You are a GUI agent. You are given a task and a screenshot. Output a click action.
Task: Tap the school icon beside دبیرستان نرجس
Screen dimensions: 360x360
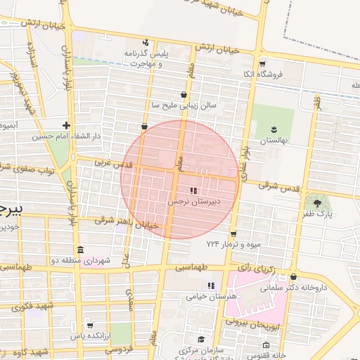(193, 191)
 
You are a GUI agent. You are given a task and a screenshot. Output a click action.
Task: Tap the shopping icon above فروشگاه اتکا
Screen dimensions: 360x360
(262, 63)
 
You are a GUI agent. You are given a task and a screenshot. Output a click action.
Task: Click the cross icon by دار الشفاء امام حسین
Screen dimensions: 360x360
(66, 124)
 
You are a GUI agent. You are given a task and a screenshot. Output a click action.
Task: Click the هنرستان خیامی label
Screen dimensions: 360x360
(210, 296)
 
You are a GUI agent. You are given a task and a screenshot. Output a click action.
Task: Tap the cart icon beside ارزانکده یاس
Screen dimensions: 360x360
(89, 325)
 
